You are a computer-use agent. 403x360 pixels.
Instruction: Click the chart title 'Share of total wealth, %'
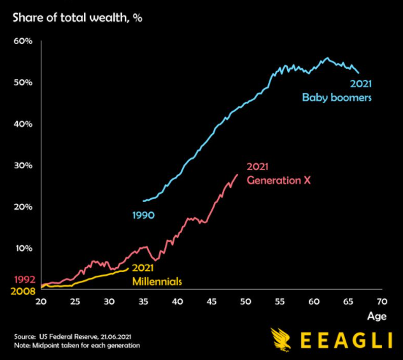(76, 18)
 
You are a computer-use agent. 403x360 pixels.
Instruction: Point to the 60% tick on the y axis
(23, 41)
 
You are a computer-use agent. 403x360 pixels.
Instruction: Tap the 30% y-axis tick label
(23, 166)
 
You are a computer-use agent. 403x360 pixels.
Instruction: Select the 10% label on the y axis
(23, 248)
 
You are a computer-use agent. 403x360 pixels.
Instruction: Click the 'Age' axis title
(376, 315)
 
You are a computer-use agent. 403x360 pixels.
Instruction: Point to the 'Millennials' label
(157, 281)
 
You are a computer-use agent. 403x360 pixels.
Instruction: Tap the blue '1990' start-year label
(144, 215)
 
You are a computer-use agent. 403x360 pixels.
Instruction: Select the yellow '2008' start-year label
(24, 292)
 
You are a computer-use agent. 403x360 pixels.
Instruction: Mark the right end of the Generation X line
(238, 174)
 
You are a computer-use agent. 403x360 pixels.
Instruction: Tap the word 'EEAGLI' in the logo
(344, 339)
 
